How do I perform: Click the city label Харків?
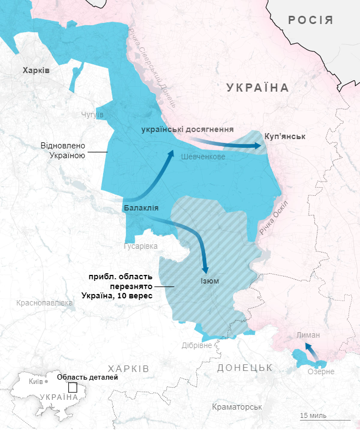click(35, 70)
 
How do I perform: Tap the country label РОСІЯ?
click(310, 21)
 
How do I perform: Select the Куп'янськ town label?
click(284, 136)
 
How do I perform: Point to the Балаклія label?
click(141, 208)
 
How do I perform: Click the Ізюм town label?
click(209, 281)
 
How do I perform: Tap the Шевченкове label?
click(202, 157)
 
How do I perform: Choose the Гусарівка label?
click(141, 246)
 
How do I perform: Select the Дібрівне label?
click(196, 345)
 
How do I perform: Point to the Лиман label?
click(309, 335)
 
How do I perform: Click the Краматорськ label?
click(237, 407)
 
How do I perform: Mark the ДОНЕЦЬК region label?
click(244, 368)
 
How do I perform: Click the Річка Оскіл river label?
click(273, 218)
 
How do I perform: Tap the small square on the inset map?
click(73, 388)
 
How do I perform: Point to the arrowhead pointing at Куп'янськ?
click(259, 146)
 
